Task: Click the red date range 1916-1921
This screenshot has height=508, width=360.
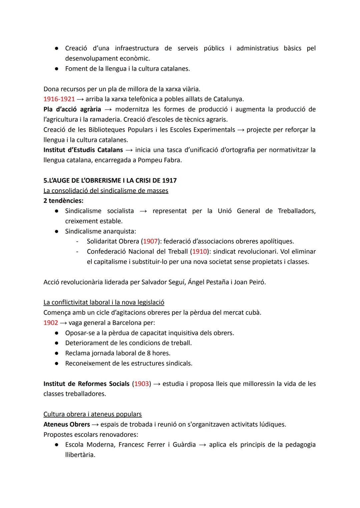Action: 59,99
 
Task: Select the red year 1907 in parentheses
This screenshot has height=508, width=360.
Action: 150,241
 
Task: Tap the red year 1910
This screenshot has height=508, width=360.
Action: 200,252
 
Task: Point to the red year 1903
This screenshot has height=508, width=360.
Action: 141,384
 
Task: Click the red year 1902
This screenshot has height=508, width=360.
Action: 51,323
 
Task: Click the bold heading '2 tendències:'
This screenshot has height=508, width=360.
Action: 63,201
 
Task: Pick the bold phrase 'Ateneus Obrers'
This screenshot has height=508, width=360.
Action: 67,424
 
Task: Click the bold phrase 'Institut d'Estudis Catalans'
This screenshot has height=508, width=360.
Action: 83,150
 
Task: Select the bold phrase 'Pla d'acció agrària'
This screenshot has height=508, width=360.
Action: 72,109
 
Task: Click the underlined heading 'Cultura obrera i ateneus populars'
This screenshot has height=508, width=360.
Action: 92,414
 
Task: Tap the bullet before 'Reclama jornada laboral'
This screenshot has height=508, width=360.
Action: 57,353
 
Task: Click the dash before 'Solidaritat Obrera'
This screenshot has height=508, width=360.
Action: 77,241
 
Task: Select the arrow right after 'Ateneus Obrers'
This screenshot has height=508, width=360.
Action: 95,424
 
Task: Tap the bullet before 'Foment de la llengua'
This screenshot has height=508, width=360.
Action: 57,69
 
